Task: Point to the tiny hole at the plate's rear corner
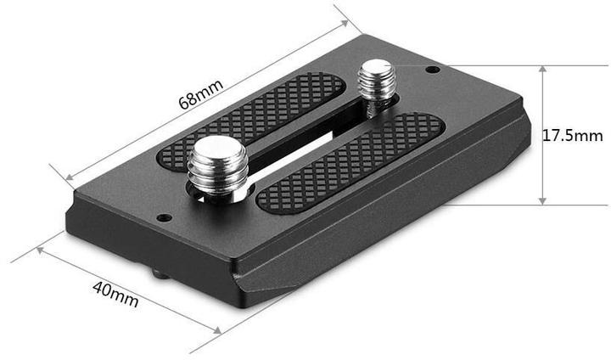click(x=432, y=69)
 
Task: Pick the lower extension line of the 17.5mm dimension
click(x=509, y=205)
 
